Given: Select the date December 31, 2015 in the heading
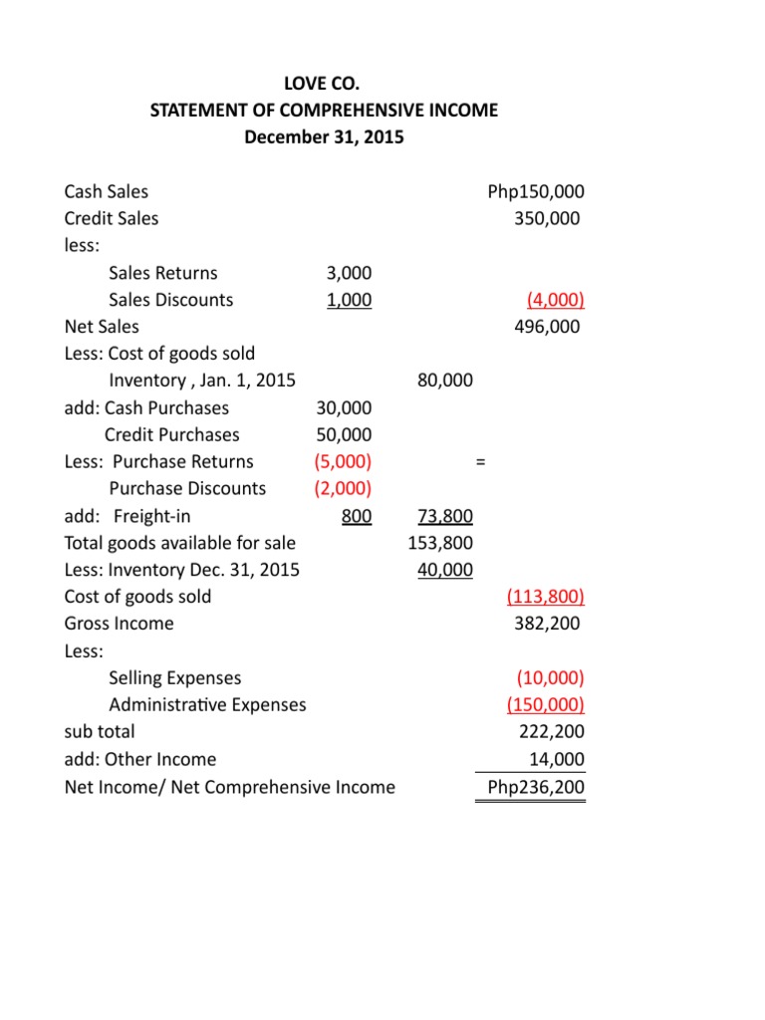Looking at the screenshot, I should pyautogui.click(x=324, y=137).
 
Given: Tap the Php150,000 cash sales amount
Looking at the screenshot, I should pyautogui.click(x=536, y=191).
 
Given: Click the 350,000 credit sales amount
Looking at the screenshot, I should pyautogui.click(x=546, y=218).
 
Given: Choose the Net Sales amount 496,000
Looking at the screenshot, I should pyautogui.click(x=546, y=326).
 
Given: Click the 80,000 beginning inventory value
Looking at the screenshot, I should pyautogui.click(x=441, y=381).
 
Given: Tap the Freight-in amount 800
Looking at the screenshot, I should pyautogui.click(x=357, y=516).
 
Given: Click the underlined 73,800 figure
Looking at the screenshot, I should pyautogui.click(x=441, y=516).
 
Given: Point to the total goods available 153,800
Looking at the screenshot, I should pyautogui.click(x=440, y=543).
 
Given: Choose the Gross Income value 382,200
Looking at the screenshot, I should pyautogui.click(x=546, y=624).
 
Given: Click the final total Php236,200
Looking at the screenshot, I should pyautogui.click(x=536, y=787).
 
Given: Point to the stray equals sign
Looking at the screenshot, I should pyautogui.click(x=480, y=462).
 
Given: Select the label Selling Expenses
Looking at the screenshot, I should pyautogui.click(x=174, y=678).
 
